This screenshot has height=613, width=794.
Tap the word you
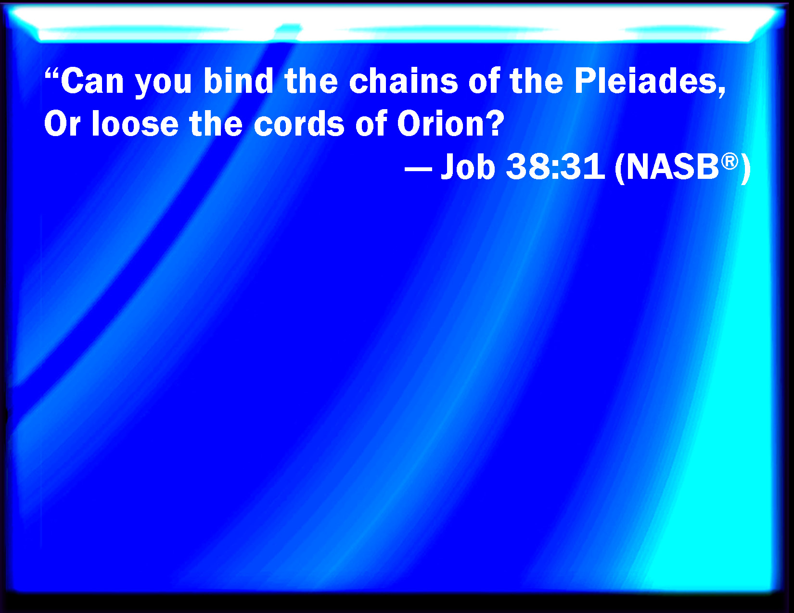pyautogui.click(x=163, y=85)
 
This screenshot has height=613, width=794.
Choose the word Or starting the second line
pyautogui.click(x=62, y=124)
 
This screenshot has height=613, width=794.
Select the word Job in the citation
pyautogui.click(x=468, y=166)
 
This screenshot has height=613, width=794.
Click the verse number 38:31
pyautogui.click(x=555, y=166)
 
